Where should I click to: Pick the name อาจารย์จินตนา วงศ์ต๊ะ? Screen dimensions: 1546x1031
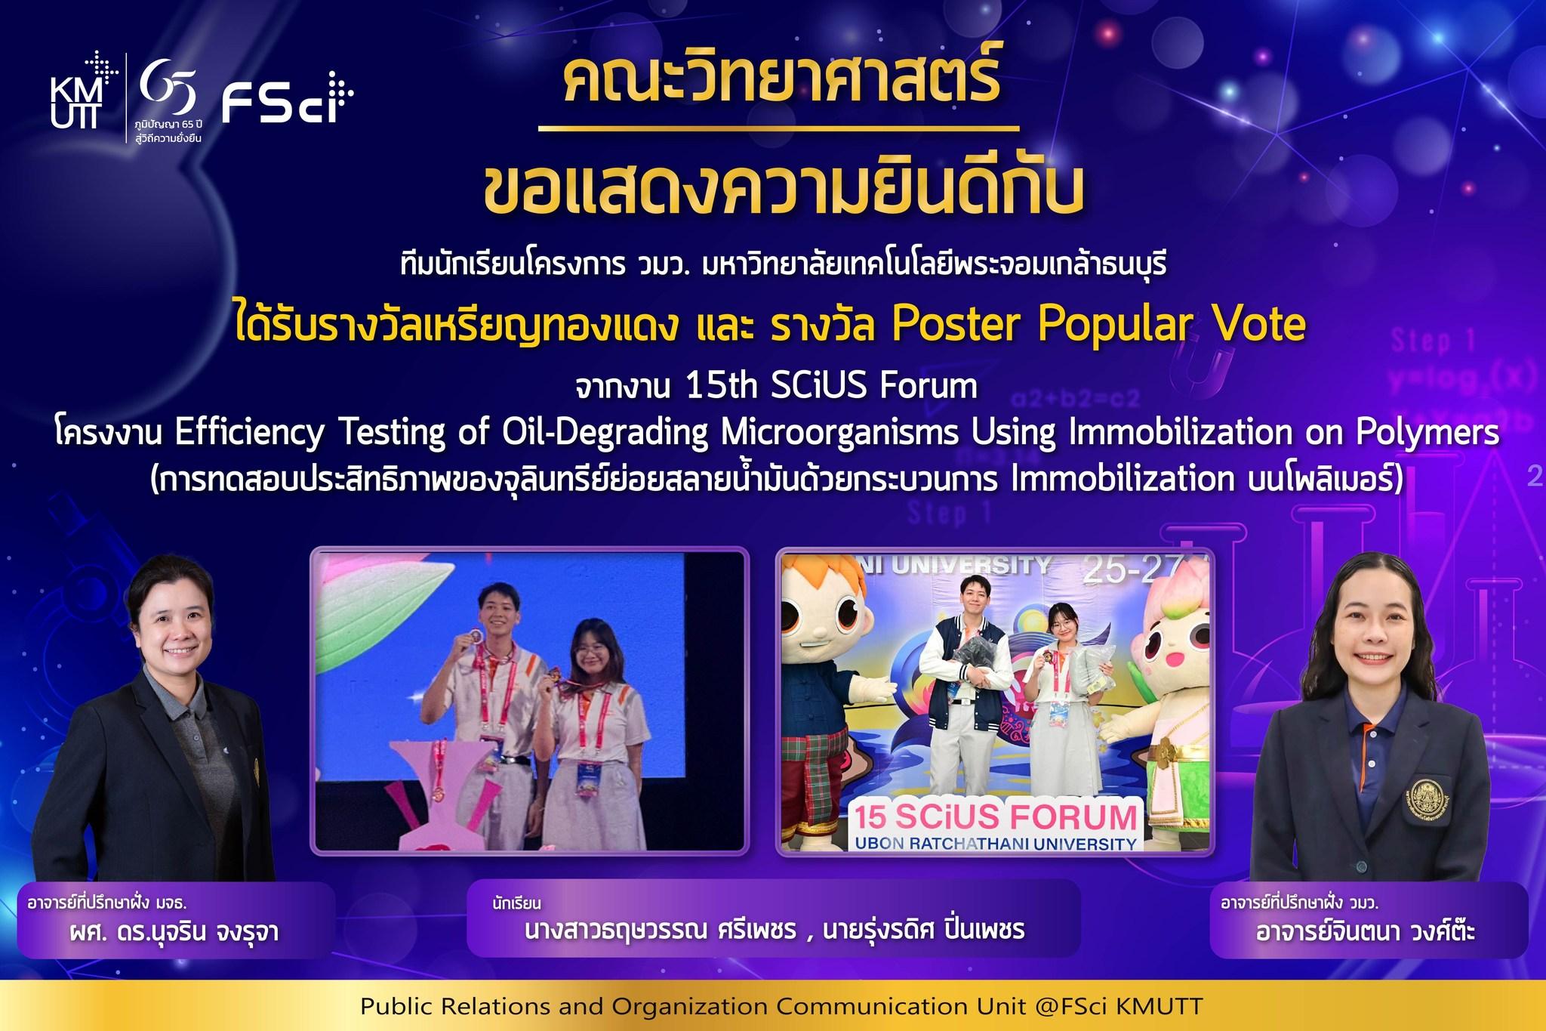click(x=1365, y=931)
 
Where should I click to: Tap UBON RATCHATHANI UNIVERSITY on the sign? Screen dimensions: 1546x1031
click(x=996, y=844)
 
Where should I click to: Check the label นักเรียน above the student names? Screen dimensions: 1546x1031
click(x=516, y=903)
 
